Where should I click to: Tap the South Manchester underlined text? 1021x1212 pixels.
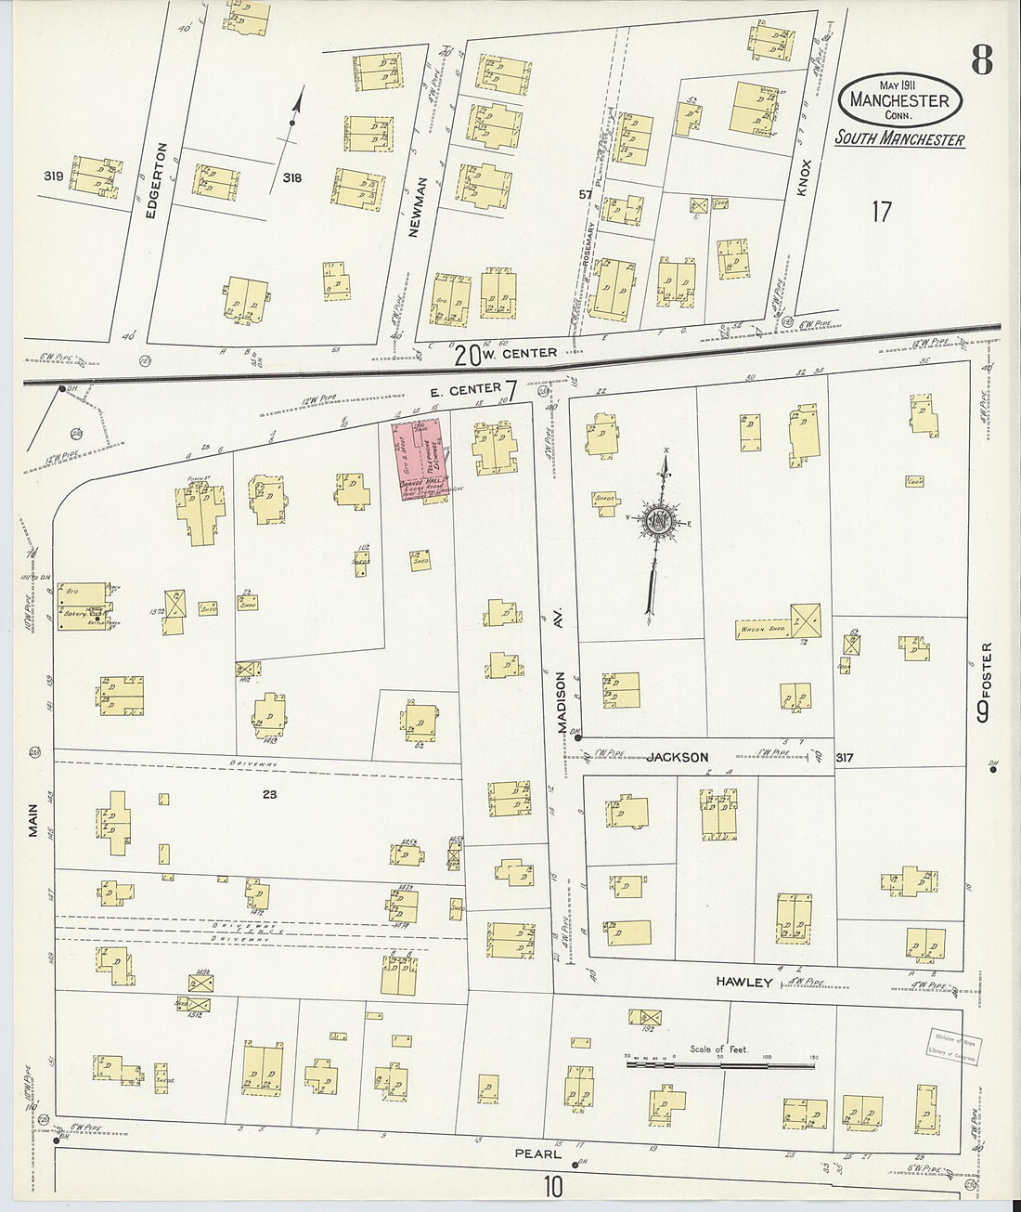898,139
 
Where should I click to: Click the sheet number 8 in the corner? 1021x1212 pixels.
981,61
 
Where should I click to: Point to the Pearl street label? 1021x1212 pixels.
538,1154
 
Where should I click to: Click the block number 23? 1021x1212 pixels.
270,794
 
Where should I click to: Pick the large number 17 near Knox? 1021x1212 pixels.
880,212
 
